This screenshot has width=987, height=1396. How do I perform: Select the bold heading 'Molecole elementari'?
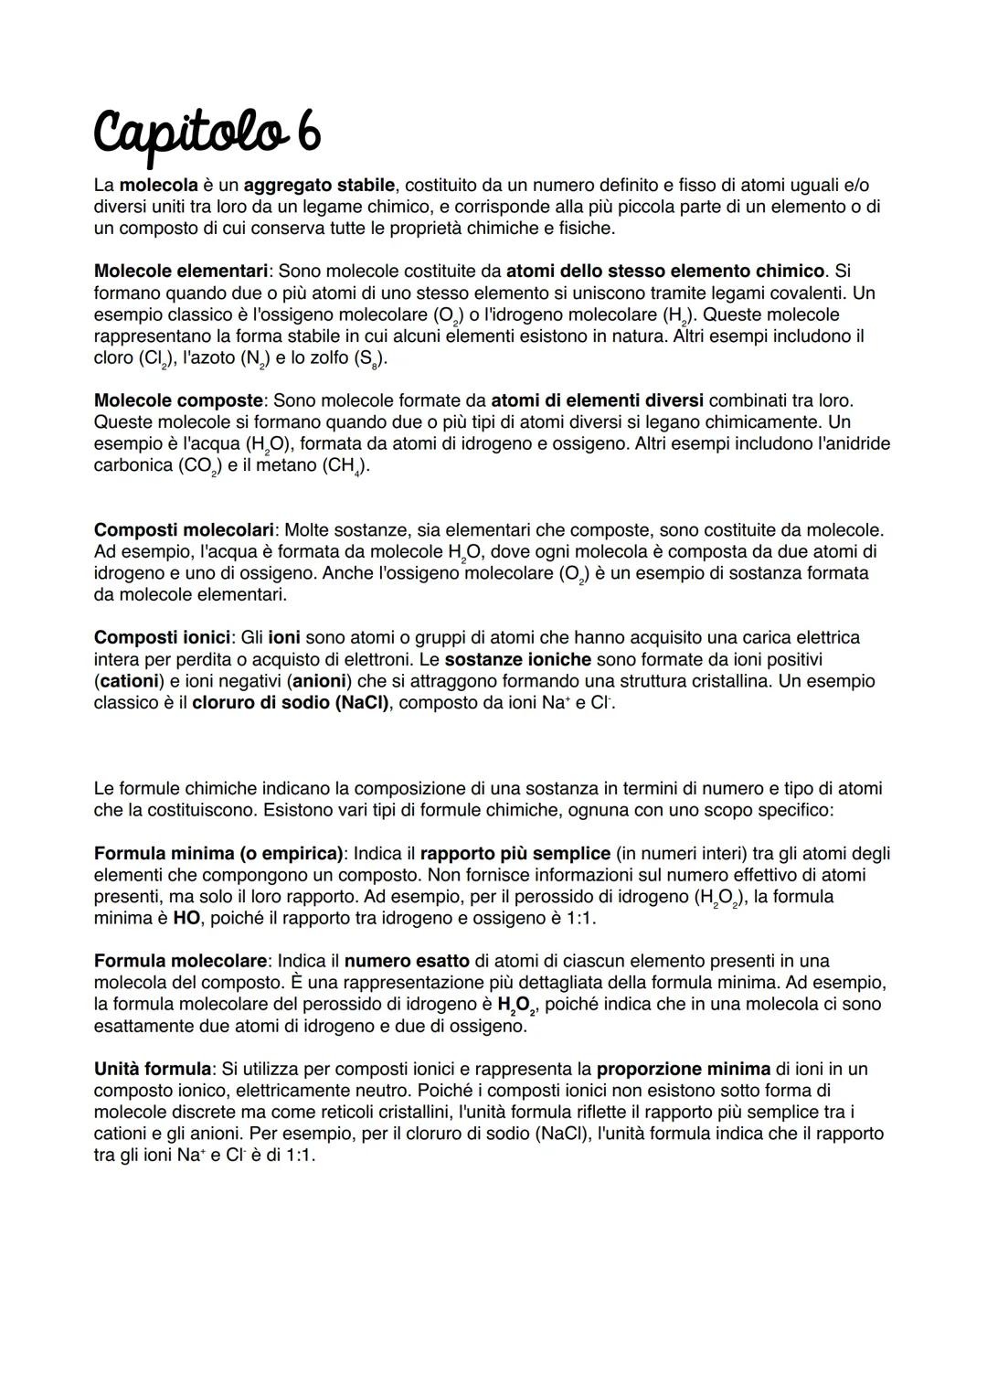coord(181,271)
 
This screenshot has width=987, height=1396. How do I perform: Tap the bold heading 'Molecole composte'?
coord(178,400)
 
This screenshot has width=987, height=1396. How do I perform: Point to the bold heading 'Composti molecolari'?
coord(184,530)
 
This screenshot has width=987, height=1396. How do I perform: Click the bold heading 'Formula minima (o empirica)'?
coord(218,853)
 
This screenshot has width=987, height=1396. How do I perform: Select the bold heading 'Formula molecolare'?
coord(181,961)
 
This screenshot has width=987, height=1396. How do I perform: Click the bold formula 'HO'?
coord(186,918)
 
